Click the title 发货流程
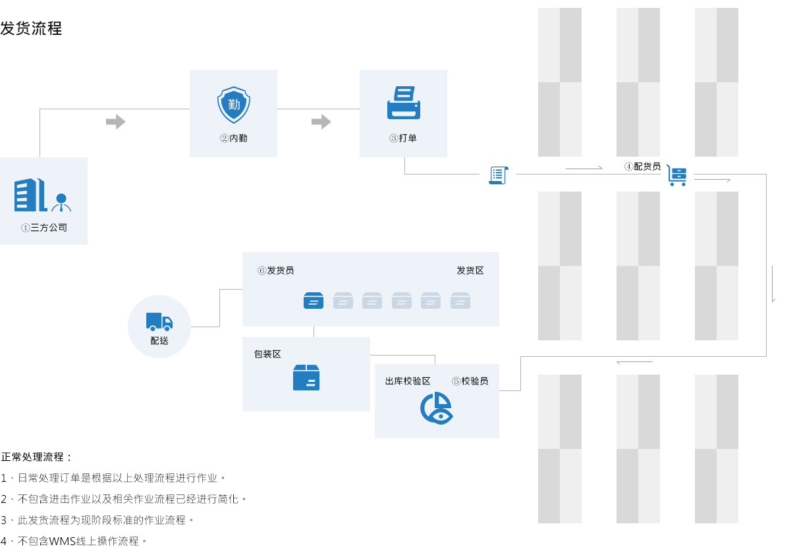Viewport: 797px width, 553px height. (31, 28)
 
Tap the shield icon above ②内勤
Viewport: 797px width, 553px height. (234, 105)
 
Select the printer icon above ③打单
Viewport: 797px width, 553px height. (403, 103)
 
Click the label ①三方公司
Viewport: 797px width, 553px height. (43, 228)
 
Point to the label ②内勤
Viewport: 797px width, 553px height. (233, 138)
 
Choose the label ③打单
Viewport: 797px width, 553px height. (403, 138)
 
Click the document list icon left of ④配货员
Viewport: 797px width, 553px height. (498, 174)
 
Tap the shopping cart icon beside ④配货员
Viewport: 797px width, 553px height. (676, 175)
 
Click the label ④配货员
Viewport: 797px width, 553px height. (642, 167)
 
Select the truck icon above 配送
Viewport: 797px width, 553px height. (159, 321)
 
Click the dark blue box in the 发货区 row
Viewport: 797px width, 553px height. (314, 300)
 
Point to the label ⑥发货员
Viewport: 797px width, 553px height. (275, 271)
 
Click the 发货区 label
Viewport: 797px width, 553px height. (470, 271)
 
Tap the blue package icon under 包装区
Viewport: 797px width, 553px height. (306, 377)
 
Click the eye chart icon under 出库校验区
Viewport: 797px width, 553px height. (437, 408)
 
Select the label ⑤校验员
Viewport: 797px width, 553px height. (470, 381)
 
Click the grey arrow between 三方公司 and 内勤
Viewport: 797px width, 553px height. (116, 122)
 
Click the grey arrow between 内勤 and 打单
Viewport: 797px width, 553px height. (321, 122)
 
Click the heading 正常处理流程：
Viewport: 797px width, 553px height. (37, 457)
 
